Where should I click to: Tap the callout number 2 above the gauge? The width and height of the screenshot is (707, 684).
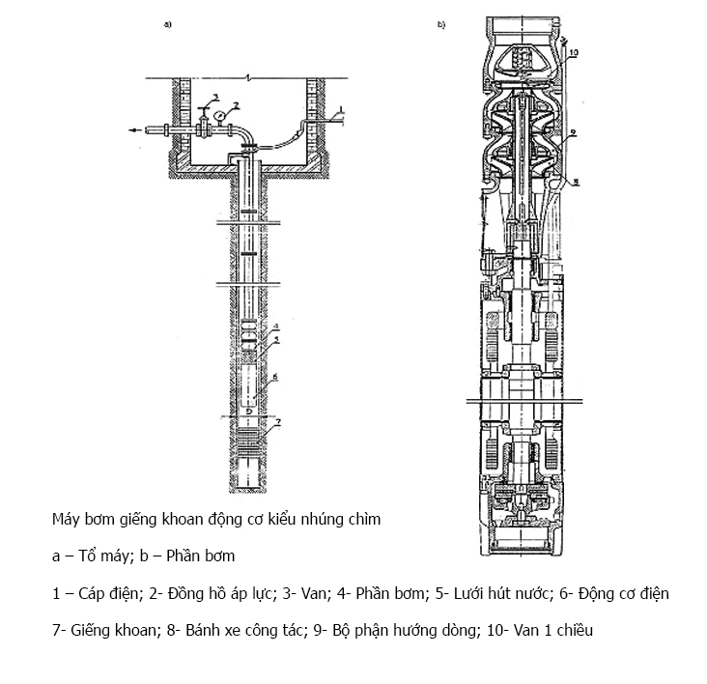click(235, 102)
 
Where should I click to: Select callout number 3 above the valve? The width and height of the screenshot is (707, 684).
click(216, 95)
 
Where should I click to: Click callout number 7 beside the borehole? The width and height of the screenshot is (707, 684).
click(278, 423)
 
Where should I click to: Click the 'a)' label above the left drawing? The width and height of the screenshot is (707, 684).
click(168, 25)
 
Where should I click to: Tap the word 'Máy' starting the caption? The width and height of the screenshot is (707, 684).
click(66, 519)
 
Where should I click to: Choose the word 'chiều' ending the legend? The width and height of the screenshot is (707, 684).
click(571, 631)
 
